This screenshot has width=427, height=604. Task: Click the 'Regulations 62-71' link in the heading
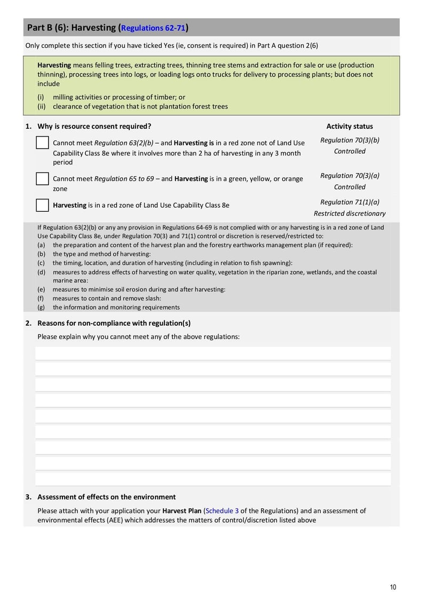154,28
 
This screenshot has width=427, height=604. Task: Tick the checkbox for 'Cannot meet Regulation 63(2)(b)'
43,143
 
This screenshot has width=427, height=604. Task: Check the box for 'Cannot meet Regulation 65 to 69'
43,178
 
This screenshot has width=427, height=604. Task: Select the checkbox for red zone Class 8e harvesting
43,205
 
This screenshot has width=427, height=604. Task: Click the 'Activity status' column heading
350,127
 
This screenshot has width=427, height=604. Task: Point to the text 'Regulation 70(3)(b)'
350,140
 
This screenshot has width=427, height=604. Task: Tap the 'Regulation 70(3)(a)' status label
350,175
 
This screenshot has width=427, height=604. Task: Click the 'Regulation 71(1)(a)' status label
350,202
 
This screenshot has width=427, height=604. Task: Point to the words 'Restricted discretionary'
350,214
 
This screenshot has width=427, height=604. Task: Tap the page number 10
393,587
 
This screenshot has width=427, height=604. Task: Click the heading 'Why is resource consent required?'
94,127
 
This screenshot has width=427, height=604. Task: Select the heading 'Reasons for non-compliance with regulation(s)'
114,323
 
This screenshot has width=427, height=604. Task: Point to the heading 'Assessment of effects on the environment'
106,497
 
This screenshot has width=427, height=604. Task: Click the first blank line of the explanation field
213,353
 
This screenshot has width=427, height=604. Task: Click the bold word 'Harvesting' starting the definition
54,65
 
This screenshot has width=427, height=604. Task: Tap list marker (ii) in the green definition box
41,106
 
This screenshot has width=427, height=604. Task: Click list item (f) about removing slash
106,299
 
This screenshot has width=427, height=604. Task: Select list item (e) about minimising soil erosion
138,289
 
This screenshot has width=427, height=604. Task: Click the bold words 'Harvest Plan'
182,511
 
